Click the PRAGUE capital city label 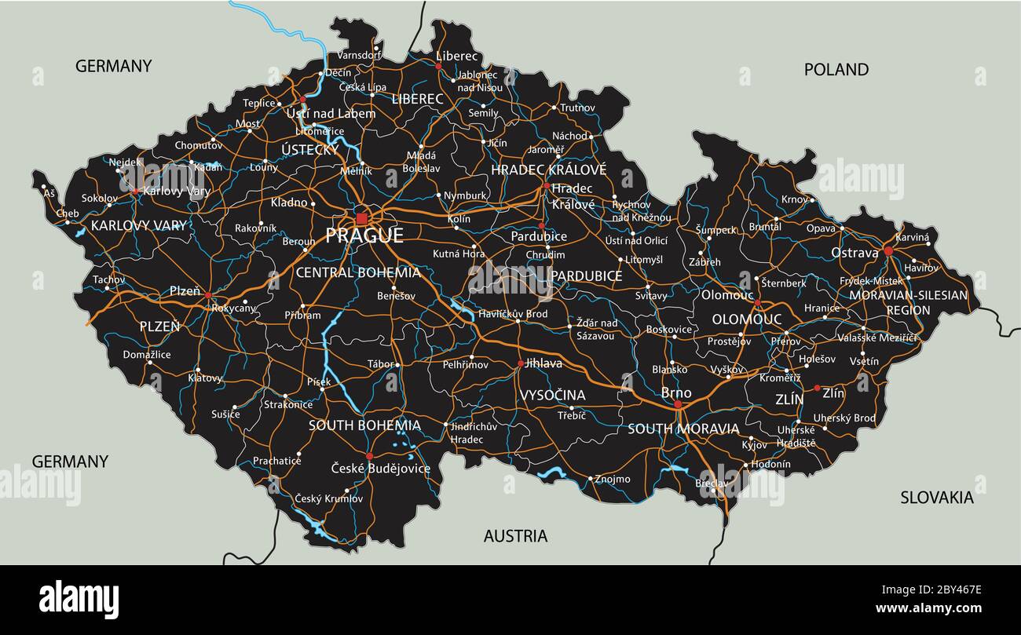pyautogui.click(x=364, y=235)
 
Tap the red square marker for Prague pyautogui.click(x=361, y=217)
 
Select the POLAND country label pyautogui.click(x=836, y=69)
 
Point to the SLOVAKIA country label pyautogui.click(x=936, y=497)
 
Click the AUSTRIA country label pyautogui.click(x=515, y=536)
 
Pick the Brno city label pyautogui.click(x=676, y=392)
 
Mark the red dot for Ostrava pyautogui.click(x=888, y=251)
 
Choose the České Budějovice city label pyautogui.click(x=380, y=469)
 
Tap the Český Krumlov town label pyautogui.click(x=328, y=498)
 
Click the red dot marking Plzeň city pyautogui.click(x=208, y=295)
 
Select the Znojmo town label pyautogui.click(x=613, y=479)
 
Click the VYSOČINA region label pyautogui.click(x=552, y=395)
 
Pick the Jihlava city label pyautogui.click(x=543, y=363)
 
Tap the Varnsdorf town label pyautogui.click(x=359, y=55)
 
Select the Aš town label pyautogui.click(x=49, y=193)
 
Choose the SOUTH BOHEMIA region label pyautogui.click(x=364, y=425)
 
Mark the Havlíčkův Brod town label pyautogui.click(x=513, y=314)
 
